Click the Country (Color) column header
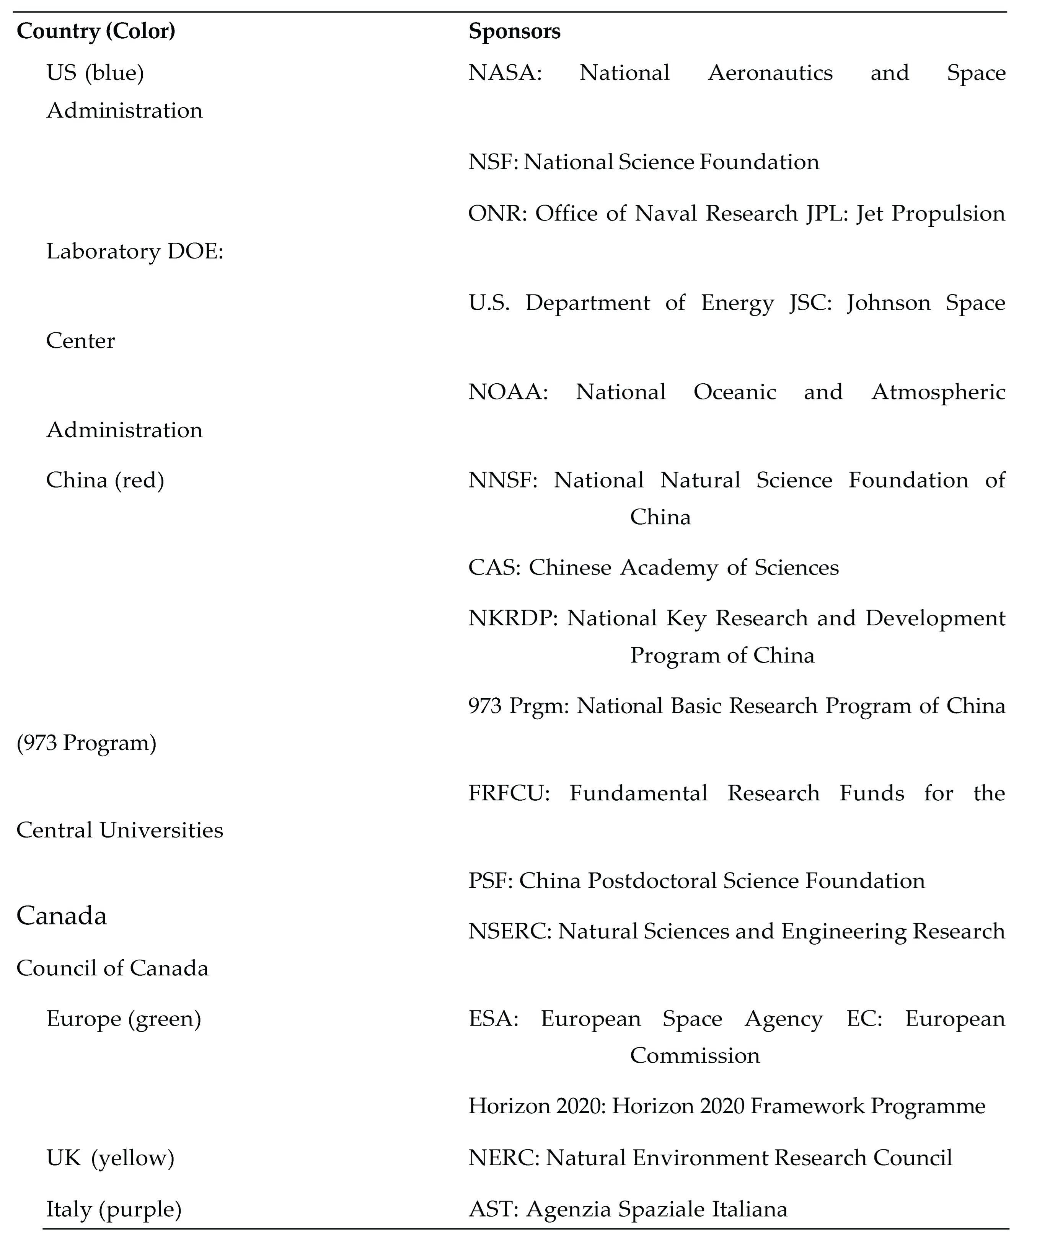tap(96, 31)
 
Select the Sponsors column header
tap(514, 31)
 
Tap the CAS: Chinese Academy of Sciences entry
tap(653, 568)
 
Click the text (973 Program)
tap(87, 743)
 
